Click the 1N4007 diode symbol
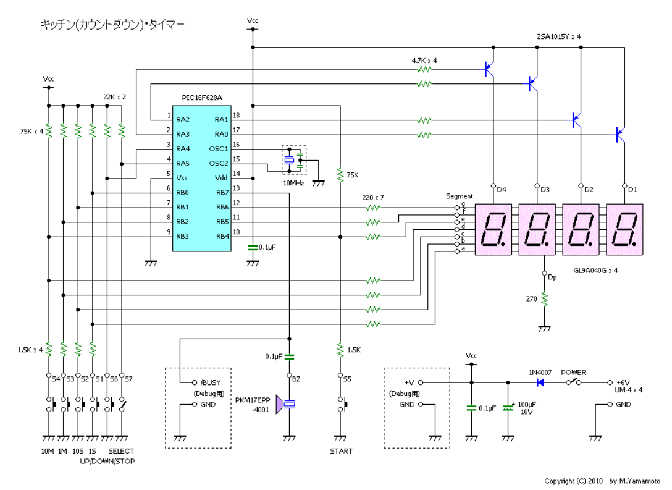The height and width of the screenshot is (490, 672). click(541, 383)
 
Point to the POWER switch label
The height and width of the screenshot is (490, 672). click(573, 373)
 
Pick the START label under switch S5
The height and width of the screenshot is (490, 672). click(341, 451)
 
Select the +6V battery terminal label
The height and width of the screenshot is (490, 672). click(624, 383)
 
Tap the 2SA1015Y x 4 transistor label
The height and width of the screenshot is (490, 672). click(559, 36)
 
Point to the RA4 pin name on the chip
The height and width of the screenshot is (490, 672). click(183, 148)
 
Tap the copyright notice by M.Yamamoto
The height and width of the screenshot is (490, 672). click(602, 481)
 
